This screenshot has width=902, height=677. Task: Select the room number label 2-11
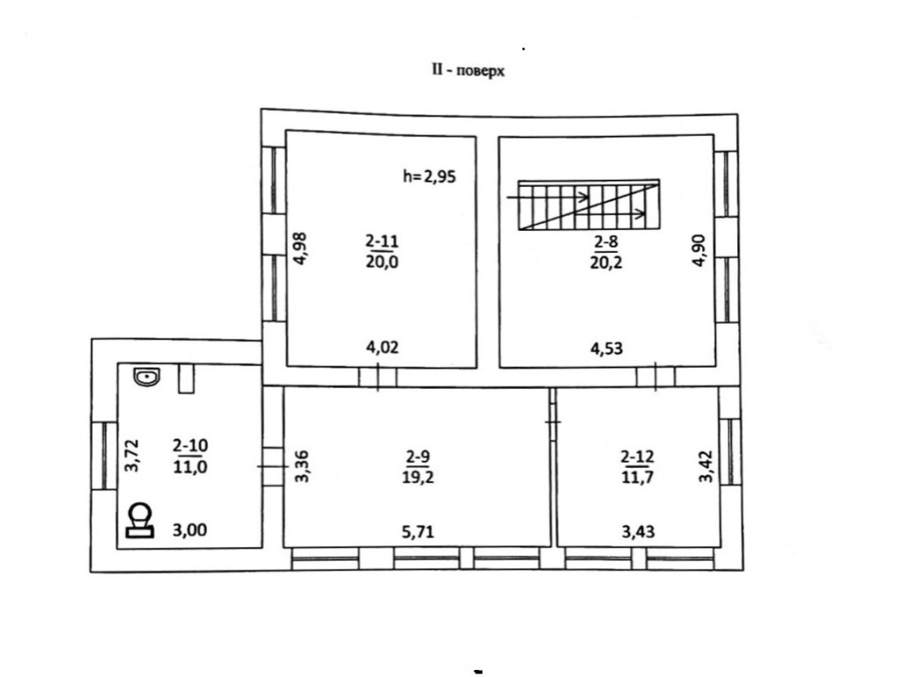click(381, 240)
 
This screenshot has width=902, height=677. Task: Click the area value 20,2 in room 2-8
click(608, 262)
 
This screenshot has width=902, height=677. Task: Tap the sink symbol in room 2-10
click(147, 377)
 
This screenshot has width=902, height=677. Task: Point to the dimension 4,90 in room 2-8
click(699, 249)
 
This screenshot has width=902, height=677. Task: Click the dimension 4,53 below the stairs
click(608, 347)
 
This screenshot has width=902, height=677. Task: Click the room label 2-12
click(637, 456)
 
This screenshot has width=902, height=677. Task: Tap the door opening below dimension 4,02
click(378, 377)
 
